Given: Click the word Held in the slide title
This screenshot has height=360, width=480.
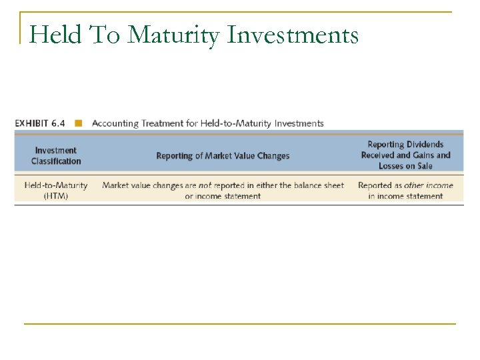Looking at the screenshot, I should [x=54, y=34].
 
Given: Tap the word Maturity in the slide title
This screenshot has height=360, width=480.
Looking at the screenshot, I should [x=173, y=34].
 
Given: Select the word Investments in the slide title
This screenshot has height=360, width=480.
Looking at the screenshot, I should [x=293, y=34].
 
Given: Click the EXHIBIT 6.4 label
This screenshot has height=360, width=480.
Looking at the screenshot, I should [x=41, y=123].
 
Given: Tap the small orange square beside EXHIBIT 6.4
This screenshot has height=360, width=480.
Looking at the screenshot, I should [x=79, y=123].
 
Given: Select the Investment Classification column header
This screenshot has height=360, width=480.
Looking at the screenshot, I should [x=55, y=156].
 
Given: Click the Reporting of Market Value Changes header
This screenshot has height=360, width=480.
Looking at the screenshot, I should [x=223, y=156].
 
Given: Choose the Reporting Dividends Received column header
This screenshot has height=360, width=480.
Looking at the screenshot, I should [x=405, y=155].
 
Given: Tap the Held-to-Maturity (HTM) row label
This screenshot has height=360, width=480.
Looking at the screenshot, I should [x=55, y=191].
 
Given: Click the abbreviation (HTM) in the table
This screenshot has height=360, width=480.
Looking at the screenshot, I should [x=55, y=196].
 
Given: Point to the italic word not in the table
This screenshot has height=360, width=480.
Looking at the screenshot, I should [x=205, y=185].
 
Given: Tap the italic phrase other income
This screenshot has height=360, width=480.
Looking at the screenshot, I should [x=428, y=185].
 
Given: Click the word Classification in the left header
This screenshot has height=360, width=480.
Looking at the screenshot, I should [x=55, y=161].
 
